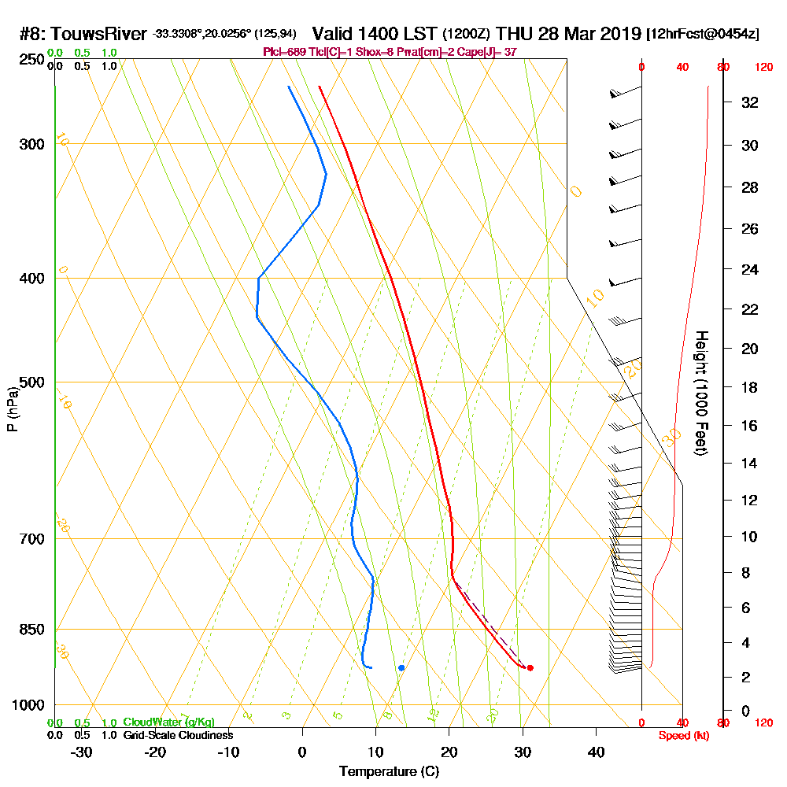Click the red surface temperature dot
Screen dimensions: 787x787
[530, 667]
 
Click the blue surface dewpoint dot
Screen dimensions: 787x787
[401, 667]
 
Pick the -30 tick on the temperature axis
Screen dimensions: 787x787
[82, 752]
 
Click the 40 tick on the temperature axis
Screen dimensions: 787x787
[596, 752]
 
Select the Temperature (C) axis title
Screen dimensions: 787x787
[389, 772]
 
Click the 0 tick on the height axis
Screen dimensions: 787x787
[745, 711]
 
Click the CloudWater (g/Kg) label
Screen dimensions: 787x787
[168, 722]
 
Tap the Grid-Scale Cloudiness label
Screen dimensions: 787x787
[177, 735]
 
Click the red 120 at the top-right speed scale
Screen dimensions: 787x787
[763, 68]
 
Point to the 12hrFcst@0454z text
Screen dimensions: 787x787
[703, 35]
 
